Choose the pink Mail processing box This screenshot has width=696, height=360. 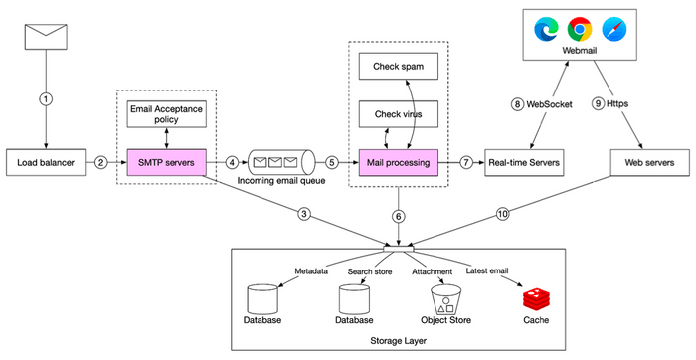(399, 160)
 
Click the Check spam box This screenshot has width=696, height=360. (399, 66)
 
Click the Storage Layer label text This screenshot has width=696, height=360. (398, 340)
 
